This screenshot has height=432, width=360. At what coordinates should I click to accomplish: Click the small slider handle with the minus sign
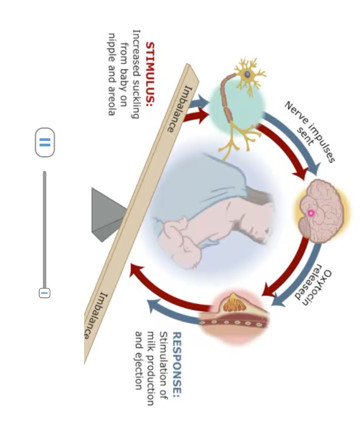coord(44,292)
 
